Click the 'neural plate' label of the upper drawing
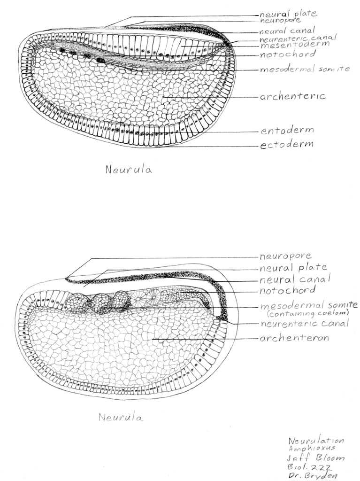(x=288, y=14)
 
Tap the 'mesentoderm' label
(x=295, y=45)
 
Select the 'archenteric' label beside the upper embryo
(x=293, y=96)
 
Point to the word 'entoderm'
(x=287, y=130)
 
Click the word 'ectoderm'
(x=287, y=144)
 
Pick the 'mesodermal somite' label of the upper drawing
(x=305, y=69)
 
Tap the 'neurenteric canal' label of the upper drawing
(x=298, y=38)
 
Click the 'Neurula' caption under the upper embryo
(x=129, y=170)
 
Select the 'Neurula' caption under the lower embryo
(x=121, y=417)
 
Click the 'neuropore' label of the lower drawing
(x=285, y=256)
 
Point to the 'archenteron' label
(x=294, y=338)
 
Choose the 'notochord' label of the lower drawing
(x=287, y=290)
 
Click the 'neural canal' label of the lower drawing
(x=295, y=279)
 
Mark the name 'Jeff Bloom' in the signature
(x=315, y=458)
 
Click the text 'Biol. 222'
(x=309, y=467)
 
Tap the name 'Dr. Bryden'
(x=312, y=476)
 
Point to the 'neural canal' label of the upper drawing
(x=287, y=31)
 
